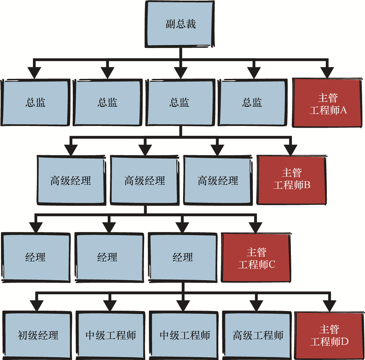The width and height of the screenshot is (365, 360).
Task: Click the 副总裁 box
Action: [x=180, y=24]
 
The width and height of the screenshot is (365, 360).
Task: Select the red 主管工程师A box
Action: [x=327, y=104]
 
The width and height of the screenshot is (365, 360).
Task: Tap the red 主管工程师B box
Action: [x=291, y=179]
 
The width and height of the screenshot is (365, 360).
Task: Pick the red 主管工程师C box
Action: [x=256, y=258]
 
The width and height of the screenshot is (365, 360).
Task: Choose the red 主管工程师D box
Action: [x=328, y=335]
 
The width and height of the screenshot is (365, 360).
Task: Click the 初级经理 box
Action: [x=38, y=335]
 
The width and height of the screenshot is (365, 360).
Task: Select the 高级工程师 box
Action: [x=257, y=335]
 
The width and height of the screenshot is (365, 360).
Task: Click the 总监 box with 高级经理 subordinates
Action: [x=180, y=103]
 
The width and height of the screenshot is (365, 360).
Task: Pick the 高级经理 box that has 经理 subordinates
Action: [x=144, y=181]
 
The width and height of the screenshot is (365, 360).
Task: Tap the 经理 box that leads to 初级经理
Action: [x=182, y=257]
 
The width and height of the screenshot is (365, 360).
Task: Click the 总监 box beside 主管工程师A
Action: [x=252, y=103]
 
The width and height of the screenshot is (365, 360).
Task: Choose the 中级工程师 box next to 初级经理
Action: [x=111, y=335]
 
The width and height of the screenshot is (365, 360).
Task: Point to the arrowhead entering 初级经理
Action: [x=36, y=305]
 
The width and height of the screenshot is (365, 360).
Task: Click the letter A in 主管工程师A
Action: [x=343, y=110]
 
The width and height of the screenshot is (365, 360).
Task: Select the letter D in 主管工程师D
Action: [x=345, y=342]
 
